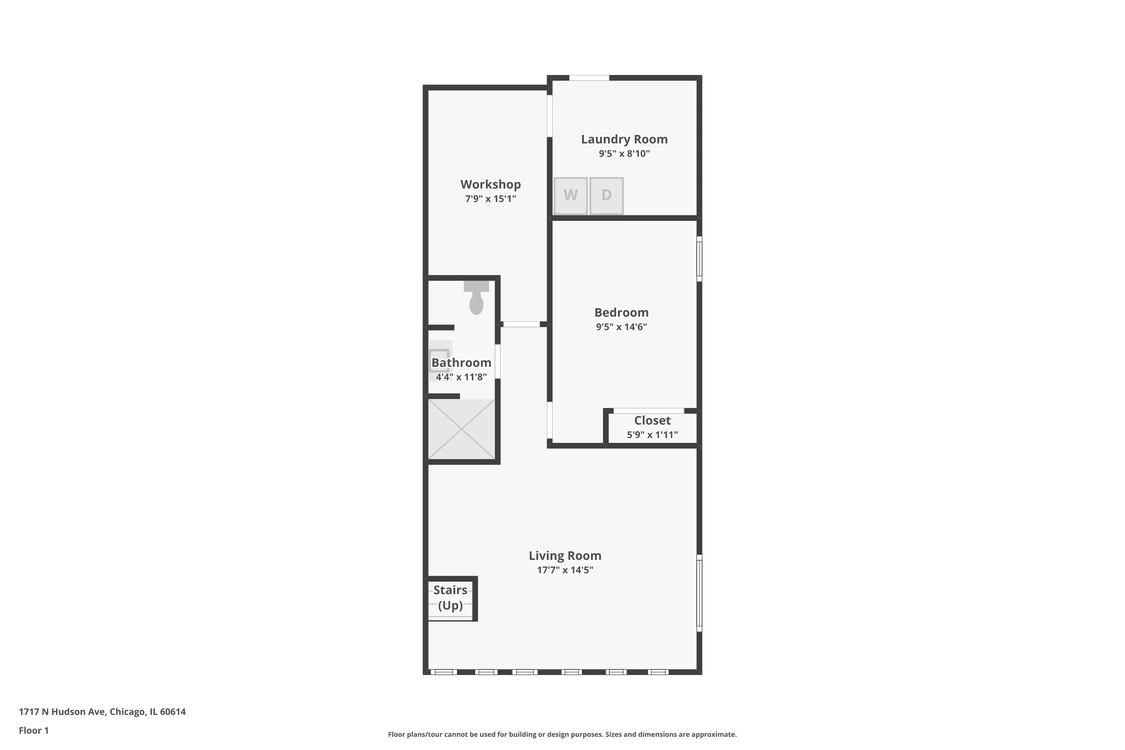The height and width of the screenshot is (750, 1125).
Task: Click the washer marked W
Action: [x=570, y=196]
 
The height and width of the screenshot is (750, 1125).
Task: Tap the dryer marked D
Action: [x=606, y=196]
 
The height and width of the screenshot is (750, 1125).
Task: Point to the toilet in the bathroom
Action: [x=476, y=298]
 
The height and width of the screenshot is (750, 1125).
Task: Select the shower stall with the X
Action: [x=461, y=429]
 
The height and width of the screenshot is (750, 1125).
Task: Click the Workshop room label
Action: [x=490, y=184]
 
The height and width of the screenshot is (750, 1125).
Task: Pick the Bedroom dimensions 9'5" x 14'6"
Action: [x=621, y=327]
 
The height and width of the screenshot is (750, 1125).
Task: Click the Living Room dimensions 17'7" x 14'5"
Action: [x=564, y=570]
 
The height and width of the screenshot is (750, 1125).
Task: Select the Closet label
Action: [x=652, y=420]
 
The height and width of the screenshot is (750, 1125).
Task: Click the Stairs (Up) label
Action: [x=450, y=597]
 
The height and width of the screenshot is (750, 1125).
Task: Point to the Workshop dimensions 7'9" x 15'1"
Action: [x=490, y=198]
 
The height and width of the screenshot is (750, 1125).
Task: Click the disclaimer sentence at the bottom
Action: [x=562, y=734]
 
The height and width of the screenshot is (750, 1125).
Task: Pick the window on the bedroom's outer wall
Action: [x=699, y=259]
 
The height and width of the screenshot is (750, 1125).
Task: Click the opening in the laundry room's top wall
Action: [x=589, y=78]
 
